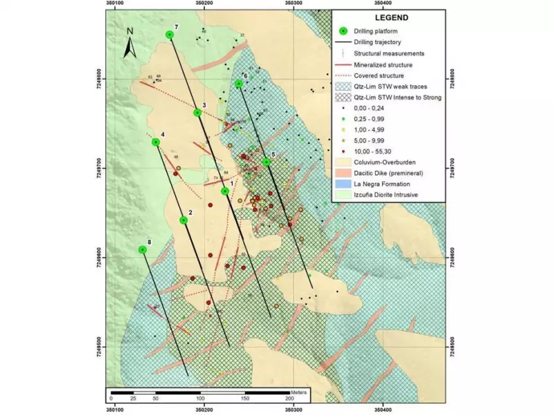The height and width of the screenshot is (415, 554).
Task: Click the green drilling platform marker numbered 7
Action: coord(170,35)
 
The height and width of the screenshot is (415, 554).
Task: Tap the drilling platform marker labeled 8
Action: coord(143,249)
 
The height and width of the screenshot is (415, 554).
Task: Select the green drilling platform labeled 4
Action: coord(156,142)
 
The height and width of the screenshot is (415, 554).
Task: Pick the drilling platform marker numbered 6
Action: coord(239,84)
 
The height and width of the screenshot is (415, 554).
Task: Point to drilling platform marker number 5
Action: coord(266,162)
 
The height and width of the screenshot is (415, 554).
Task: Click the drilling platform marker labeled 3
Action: coord(197,112)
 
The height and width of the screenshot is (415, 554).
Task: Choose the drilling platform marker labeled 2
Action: coord(184,220)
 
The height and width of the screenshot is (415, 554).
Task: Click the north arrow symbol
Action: coord(129,44)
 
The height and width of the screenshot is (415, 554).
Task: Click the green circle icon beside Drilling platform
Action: coord(342,31)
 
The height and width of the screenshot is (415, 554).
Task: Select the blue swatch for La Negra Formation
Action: coord(343,185)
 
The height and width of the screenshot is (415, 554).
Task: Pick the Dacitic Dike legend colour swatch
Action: coord(343,174)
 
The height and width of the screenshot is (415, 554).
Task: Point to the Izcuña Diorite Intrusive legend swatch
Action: coord(343,196)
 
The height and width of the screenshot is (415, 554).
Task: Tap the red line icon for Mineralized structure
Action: coord(343,64)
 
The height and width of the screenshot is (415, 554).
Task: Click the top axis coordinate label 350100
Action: coord(116,4)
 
